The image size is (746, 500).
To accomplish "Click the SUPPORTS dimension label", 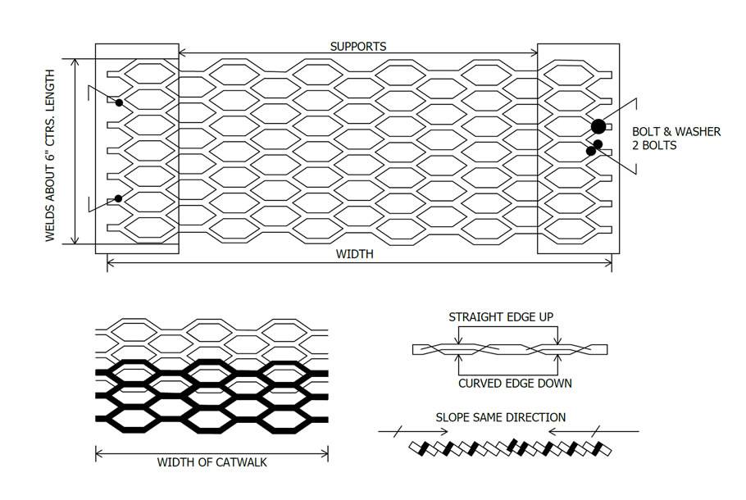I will [x=358, y=47].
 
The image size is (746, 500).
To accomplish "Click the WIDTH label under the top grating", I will [x=354, y=254].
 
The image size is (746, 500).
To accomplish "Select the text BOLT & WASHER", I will [x=675, y=131].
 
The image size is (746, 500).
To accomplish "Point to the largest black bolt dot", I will [x=598, y=126].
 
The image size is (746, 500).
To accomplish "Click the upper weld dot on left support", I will [x=119, y=102].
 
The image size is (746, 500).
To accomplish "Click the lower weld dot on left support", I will [x=119, y=198].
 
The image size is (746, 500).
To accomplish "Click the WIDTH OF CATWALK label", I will [x=212, y=462].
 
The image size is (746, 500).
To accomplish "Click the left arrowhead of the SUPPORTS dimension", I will [x=182, y=53].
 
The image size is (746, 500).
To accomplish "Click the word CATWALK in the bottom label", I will [x=242, y=462].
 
